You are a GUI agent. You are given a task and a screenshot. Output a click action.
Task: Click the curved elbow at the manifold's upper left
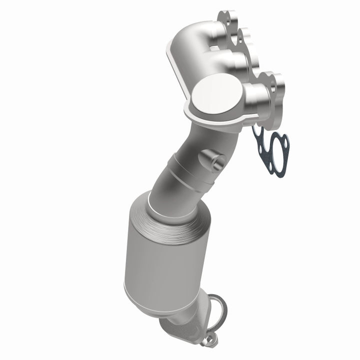[x=182, y=50]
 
